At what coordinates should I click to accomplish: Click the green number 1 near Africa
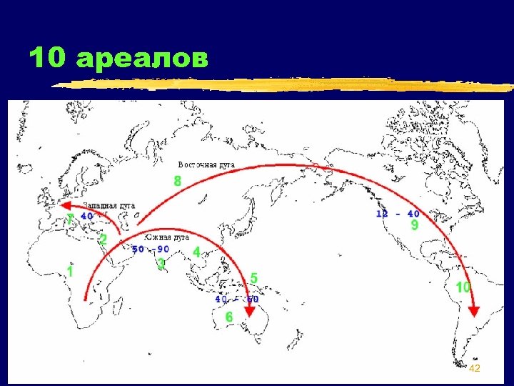[71, 272]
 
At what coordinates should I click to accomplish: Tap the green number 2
[103, 240]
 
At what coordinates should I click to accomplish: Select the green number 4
[196, 252]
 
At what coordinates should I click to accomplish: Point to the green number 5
[253, 277]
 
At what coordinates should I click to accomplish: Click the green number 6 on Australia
[229, 317]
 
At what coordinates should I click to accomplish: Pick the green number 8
[178, 182]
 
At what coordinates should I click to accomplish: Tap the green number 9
[413, 225]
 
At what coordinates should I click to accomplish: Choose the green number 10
[463, 287]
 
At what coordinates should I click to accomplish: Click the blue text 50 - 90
[150, 249]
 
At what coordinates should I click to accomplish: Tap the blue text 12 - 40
[398, 213]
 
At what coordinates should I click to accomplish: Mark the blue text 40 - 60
[236, 300]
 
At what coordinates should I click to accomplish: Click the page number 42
[475, 367]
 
